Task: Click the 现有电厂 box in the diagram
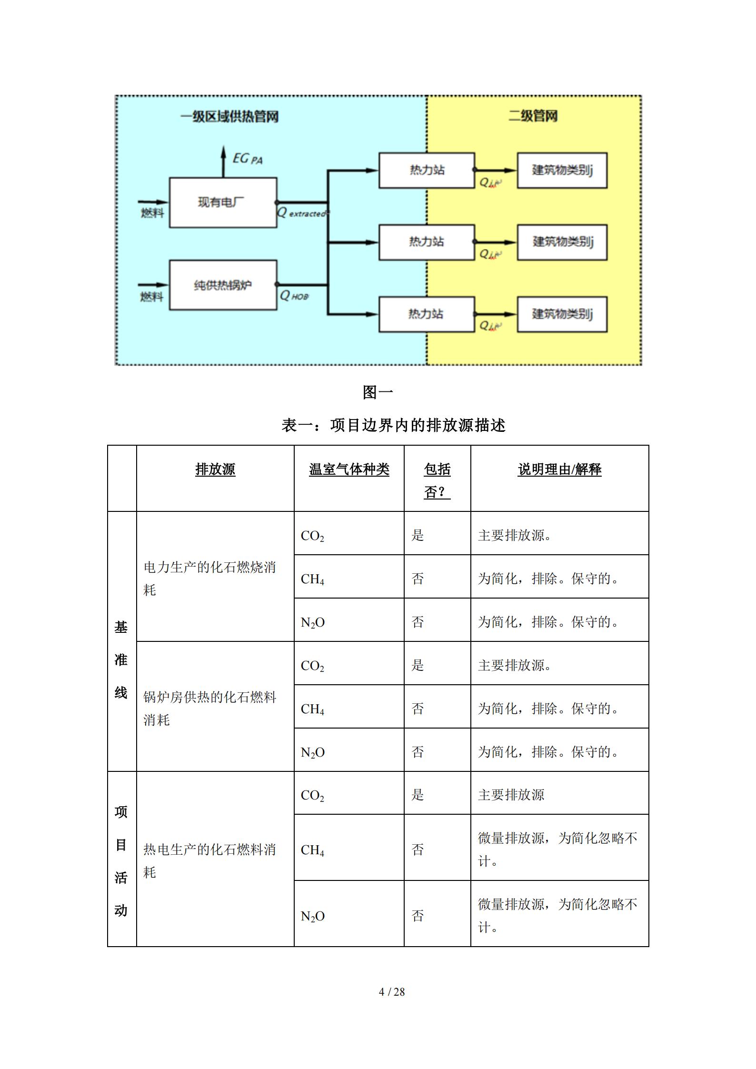(223, 202)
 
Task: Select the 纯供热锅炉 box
(223, 285)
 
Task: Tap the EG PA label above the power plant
(247, 159)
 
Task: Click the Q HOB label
(294, 296)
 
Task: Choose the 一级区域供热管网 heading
(229, 117)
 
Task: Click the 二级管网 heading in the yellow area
(533, 116)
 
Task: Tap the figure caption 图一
(378, 392)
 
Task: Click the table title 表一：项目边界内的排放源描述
(393, 425)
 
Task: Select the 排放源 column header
(215, 470)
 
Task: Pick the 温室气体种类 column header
(349, 470)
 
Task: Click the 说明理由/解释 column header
(559, 470)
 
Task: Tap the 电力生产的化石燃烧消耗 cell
(209, 578)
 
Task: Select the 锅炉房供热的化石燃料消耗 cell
(209, 708)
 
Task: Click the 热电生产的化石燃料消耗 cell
(209, 860)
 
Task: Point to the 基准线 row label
(121, 659)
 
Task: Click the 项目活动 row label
(121, 860)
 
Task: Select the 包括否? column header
(437, 480)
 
